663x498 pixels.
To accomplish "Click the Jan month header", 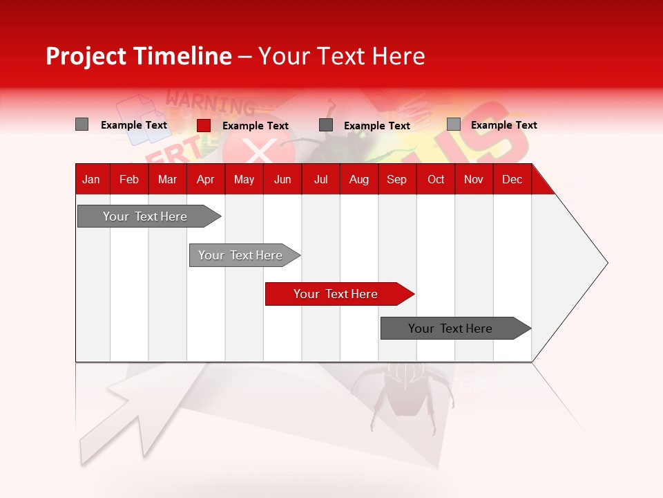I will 91,180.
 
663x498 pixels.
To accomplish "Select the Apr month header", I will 205,180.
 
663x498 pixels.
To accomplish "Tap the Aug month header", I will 358,180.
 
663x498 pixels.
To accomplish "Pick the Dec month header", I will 512,180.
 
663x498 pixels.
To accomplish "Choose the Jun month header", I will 282,180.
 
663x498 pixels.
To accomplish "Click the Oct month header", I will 435,180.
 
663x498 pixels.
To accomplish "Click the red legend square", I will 204,125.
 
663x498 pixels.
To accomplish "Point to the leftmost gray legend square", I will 81,124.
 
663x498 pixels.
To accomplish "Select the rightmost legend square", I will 454,124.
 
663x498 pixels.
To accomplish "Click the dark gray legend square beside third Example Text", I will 326,125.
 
